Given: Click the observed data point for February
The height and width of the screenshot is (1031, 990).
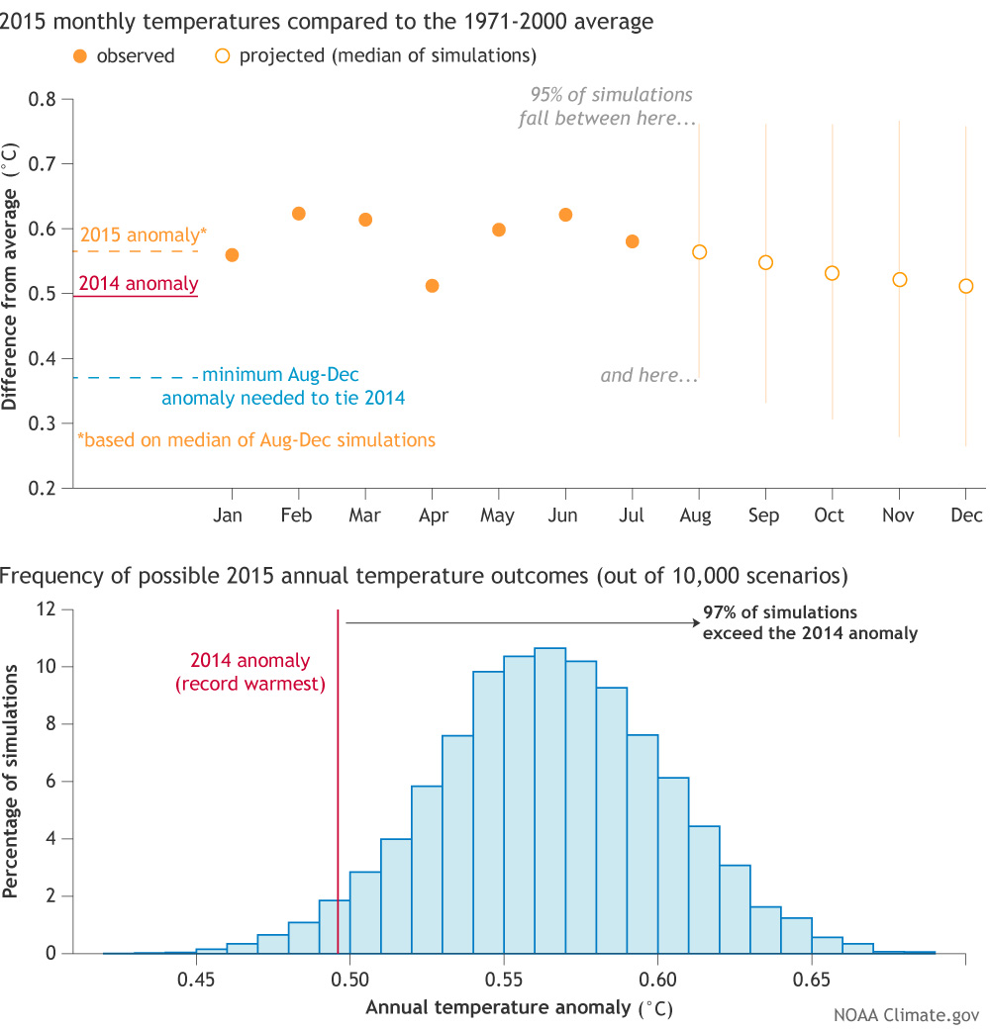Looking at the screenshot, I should tap(299, 214).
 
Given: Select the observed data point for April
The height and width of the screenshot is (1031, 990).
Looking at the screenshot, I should tap(432, 286).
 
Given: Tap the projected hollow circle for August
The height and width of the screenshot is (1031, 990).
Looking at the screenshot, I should tap(699, 252).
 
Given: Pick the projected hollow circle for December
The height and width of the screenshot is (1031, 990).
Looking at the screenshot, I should tap(966, 286).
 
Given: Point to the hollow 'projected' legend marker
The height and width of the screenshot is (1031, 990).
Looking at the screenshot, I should tap(222, 55).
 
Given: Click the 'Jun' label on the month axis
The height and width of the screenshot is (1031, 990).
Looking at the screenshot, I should tap(564, 515).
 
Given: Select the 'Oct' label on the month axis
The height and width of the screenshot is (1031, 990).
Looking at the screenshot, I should tap(830, 515).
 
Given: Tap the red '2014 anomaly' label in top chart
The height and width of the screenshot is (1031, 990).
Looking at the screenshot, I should tap(139, 285).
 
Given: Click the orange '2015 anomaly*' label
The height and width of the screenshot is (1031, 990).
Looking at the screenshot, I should tap(144, 235).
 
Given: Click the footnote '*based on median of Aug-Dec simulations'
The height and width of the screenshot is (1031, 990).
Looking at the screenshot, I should tap(256, 439).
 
